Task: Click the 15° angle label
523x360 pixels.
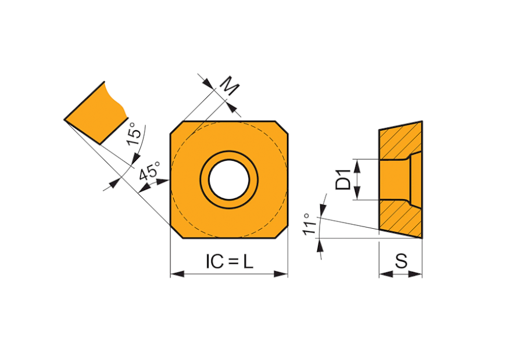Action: [x=134, y=134]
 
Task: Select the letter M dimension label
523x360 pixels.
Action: [x=231, y=86]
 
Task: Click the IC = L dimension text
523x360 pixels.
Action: [x=229, y=261]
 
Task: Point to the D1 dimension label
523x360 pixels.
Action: [x=343, y=179]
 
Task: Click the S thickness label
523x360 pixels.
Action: [x=401, y=261]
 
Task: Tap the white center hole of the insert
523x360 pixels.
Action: [x=229, y=179]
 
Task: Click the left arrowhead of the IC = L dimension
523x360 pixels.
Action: [x=177, y=274]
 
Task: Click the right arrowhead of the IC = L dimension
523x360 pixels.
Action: [x=281, y=274]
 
